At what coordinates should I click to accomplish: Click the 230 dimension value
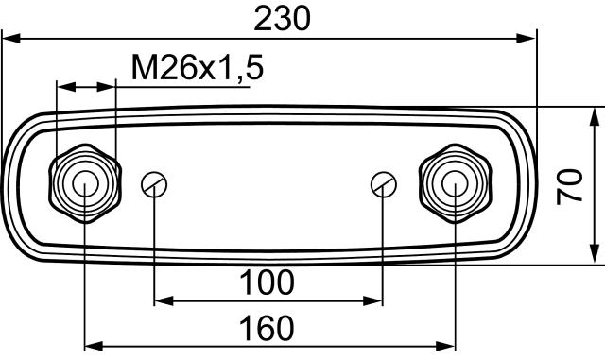point(283,17)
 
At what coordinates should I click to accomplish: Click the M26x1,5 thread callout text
point(196,68)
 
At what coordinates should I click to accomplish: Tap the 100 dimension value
point(268,282)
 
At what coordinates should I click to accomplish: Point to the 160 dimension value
point(268,328)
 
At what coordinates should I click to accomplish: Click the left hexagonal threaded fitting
point(84,182)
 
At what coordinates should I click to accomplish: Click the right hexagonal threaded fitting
point(455,182)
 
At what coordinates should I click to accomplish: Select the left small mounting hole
point(154,184)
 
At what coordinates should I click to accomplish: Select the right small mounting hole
point(383,183)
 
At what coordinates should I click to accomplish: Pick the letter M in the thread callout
point(142,68)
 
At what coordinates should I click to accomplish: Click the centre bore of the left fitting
point(84,182)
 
